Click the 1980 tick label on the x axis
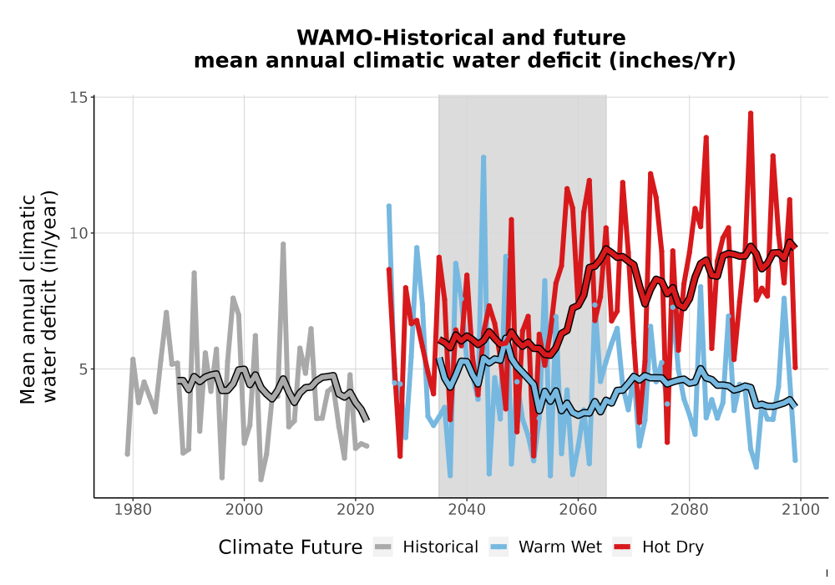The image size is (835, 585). tap(133, 510)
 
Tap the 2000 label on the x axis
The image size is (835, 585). tap(245, 510)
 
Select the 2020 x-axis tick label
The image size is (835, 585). tap(356, 510)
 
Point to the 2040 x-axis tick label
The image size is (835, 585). tap(467, 510)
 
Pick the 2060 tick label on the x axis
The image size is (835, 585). tap(578, 510)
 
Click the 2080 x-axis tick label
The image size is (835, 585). tap(689, 510)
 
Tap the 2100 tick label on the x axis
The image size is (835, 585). tap(801, 510)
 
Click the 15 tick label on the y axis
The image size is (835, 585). tap(78, 98)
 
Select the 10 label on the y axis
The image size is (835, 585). tap(78, 233)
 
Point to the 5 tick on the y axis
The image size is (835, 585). tap(83, 369)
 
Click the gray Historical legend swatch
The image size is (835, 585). tap(383, 547)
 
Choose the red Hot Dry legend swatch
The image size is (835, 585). tap(622, 547)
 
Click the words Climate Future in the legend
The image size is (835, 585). tap(291, 547)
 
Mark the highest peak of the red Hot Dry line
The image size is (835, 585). tap(751, 114)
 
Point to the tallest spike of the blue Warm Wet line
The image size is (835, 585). tap(483, 157)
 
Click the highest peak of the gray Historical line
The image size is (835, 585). tap(283, 244)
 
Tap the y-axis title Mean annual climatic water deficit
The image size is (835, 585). tap(38, 298)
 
